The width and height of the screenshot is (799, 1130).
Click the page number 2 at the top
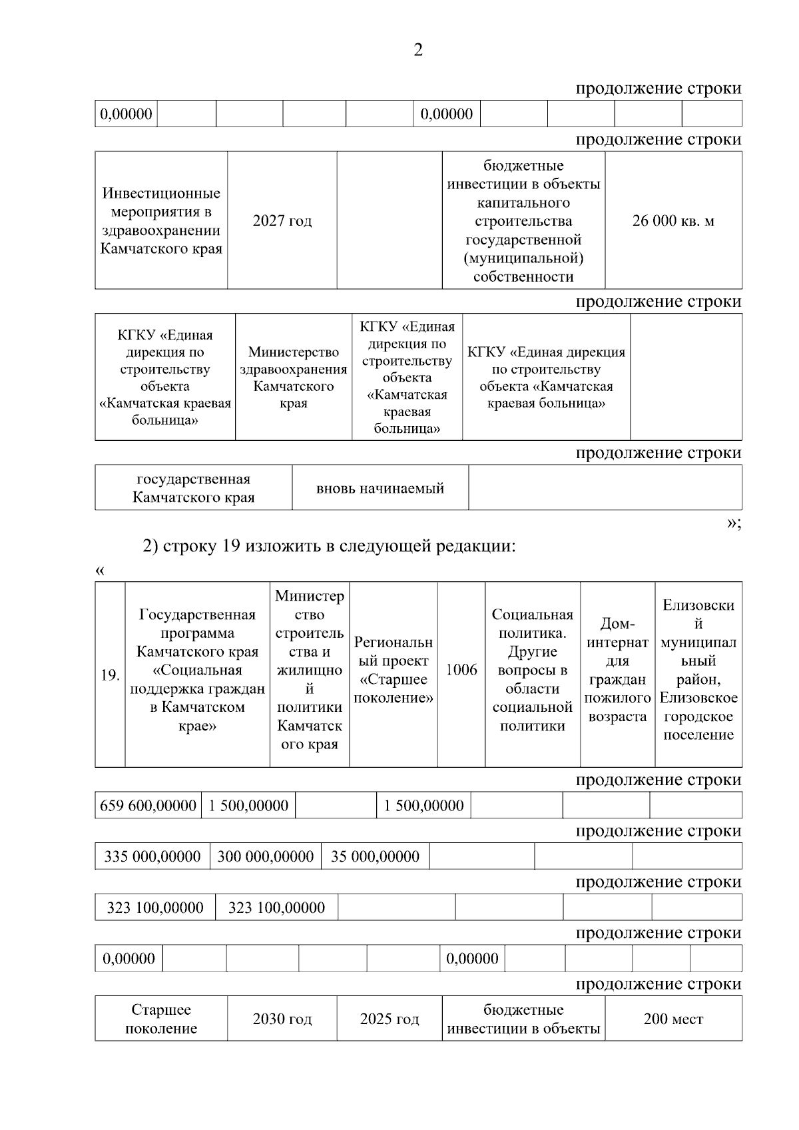pyautogui.click(x=418, y=51)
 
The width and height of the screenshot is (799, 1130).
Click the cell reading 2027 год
pyautogui.click(x=282, y=221)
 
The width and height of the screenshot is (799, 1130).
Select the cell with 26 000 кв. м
pyautogui.click(x=673, y=221)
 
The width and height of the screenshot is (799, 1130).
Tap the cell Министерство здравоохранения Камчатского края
pyautogui.click(x=294, y=378)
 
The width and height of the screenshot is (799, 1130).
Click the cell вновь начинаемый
pyautogui.click(x=380, y=489)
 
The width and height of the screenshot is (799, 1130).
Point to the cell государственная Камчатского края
pyautogui.click(x=194, y=488)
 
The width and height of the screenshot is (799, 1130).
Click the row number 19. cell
pyautogui.click(x=110, y=675)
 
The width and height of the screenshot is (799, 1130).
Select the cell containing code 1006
pyautogui.click(x=461, y=670)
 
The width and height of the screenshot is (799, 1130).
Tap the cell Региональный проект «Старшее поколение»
pyautogui.click(x=394, y=670)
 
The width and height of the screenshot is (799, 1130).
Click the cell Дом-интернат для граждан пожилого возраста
pyautogui.click(x=618, y=670)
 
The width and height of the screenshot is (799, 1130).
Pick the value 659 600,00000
pyautogui.click(x=148, y=806)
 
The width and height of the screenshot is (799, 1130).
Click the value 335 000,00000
pyautogui.click(x=152, y=856)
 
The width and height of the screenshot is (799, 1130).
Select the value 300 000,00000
pyautogui.click(x=266, y=856)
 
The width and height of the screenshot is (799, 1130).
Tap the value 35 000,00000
pyautogui.click(x=375, y=856)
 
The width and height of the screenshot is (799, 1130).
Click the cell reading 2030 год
pyautogui.click(x=282, y=1019)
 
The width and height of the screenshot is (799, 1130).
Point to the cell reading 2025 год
pyautogui.click(x=390, y=1019)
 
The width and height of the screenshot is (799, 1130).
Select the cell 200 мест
pyautogui.click(x=673, y=1019)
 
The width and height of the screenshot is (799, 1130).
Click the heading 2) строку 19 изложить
pyautogui.click(x=330, y=547)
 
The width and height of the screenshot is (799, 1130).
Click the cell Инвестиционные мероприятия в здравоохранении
pyautogui.click(x=161, y=221)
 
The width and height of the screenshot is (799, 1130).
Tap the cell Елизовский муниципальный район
pyautogui.click(x=698, y=670)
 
